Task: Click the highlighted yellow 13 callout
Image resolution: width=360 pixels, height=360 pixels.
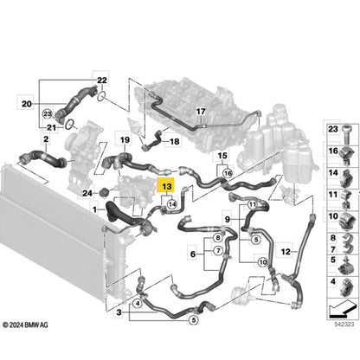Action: click(167, 185)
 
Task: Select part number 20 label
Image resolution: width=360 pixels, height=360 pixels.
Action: click(27, 104)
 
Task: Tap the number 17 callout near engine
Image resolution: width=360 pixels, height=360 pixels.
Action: click(201, 111)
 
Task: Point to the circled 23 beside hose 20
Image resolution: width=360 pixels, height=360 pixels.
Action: click(48, 114)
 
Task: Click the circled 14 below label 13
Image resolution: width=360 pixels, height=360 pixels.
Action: click(172, 204)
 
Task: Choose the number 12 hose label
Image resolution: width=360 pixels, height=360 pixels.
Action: click(286, 252)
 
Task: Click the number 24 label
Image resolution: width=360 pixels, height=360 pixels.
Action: click(87, 193)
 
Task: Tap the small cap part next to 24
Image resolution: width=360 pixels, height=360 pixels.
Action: click(103, 191)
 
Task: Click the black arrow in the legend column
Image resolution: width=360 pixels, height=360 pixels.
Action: click(342, 309)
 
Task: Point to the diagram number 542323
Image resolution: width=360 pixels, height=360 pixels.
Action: click(344, 325)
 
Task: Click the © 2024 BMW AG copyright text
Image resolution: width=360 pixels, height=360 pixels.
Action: click(25, 325)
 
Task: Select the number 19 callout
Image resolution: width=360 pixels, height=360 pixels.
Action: click(125, 140)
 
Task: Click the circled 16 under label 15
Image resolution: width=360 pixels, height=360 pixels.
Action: click(228, 173)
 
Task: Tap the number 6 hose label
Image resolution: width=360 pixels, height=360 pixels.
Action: click(193, 254)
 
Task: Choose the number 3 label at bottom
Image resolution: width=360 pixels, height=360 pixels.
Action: click(119, 312)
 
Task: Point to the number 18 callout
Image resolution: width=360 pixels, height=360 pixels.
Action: click(175, 141)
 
